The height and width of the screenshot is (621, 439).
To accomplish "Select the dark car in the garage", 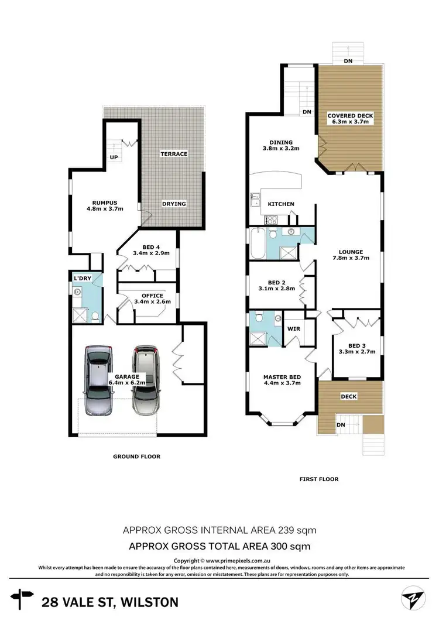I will coord(146,380).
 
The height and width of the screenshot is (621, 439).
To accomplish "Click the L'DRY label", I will coord(82,278).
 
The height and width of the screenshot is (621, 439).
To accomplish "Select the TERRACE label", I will coord(174,154).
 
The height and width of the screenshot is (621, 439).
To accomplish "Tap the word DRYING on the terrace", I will coord(174,204).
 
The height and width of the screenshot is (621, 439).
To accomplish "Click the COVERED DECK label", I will coord(350,116).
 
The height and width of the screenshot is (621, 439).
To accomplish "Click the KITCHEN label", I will coord(281,204).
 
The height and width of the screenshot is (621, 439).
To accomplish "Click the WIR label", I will coord(293,329).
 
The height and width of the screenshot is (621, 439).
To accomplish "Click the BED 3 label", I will coord(357,344).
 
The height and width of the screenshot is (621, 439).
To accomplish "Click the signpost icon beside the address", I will coord(22,601).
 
